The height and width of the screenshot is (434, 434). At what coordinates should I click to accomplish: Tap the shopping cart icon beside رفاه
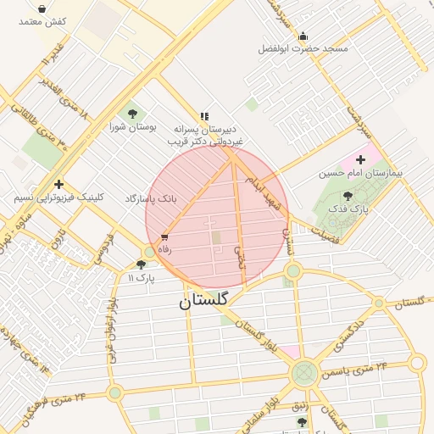point(164,237)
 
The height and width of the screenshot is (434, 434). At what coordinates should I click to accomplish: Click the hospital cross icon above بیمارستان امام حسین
point(361,159)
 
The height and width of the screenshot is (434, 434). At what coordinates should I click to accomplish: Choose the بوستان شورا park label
point(133,126)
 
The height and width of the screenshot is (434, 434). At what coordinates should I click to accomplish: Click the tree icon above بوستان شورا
point(133,113)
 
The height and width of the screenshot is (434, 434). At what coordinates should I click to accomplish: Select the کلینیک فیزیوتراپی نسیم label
point(58,197)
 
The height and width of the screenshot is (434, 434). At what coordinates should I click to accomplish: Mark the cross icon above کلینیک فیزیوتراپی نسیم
point(58,184)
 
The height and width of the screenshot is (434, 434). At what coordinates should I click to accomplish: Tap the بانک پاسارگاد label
point(151,198)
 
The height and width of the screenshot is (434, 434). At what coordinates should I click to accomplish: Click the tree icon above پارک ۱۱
point(141,264)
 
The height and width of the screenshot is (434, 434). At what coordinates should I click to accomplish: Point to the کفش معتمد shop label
point(42,21)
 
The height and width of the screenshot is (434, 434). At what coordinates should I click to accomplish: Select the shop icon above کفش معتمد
point(42,8)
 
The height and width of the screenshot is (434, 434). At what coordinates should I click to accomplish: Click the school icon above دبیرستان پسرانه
point(203,116)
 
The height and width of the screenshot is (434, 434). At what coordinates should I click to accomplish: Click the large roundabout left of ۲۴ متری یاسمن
point(304,373)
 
